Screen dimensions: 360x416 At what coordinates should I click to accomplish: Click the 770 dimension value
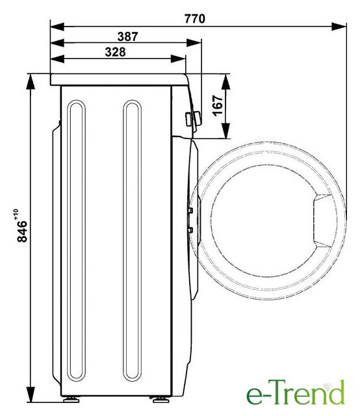pos(195,19)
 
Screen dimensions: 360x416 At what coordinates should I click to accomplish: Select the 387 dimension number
pos(127,36)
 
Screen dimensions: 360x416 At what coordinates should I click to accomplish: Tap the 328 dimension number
pos(115,52)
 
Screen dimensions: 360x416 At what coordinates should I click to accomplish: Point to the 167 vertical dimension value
pos(218,105)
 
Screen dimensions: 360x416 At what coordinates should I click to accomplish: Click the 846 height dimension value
pos(22,231)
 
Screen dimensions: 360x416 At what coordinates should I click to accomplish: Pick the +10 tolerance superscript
pos(16,214)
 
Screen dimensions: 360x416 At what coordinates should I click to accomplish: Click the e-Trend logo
pos(296,393)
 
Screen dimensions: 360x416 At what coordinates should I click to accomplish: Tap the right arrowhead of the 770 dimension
pos(339,27)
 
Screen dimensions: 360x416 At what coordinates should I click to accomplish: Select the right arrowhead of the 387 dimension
pos(194,43)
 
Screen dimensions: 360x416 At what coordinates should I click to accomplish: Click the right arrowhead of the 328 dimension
pos(178,59)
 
